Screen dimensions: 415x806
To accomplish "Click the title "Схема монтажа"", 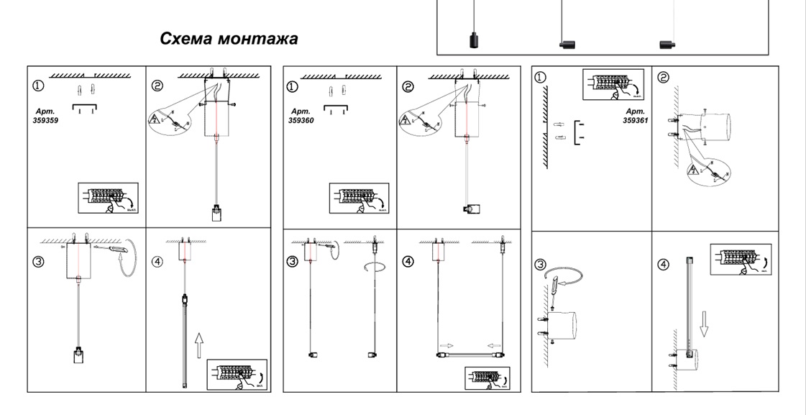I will tap(229, 38).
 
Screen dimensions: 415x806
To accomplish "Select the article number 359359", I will tap(46, 122).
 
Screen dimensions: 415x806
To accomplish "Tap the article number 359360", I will tap(301, 121).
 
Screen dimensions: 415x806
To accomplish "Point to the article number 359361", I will tap(635, 121).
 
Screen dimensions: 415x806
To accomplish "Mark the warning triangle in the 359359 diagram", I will tap(156, 119).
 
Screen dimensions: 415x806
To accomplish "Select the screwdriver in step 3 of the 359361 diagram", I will tap(555, 294).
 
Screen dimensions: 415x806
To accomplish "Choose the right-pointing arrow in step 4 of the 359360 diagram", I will tap(448, 345).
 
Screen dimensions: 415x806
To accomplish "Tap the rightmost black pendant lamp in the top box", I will tap(668, 45).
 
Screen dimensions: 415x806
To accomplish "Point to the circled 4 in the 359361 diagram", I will tap(664, 265).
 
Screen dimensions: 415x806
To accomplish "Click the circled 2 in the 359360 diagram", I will tap(408, 87).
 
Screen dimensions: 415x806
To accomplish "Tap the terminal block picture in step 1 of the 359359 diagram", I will tap(108, 197).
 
